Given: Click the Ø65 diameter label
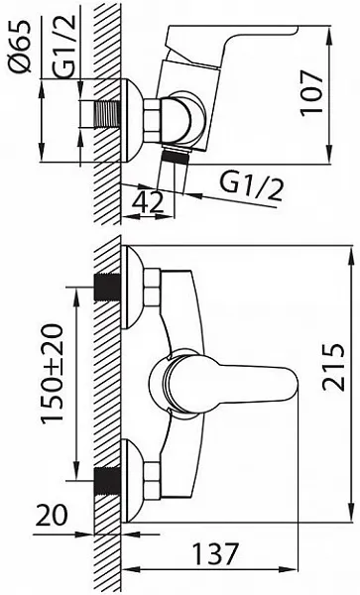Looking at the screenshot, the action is point(19,47).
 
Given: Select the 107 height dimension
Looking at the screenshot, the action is point(311,92).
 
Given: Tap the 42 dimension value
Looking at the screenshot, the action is point(148,202).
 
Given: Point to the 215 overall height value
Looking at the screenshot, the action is point(334,367).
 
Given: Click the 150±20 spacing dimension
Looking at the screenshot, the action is point(52,374).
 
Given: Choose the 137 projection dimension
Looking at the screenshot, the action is point(216,554).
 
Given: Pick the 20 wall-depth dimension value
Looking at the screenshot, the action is point(52,515).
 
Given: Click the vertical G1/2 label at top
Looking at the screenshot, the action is point(64,47).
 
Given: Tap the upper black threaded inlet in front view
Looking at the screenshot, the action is point(107,287).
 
